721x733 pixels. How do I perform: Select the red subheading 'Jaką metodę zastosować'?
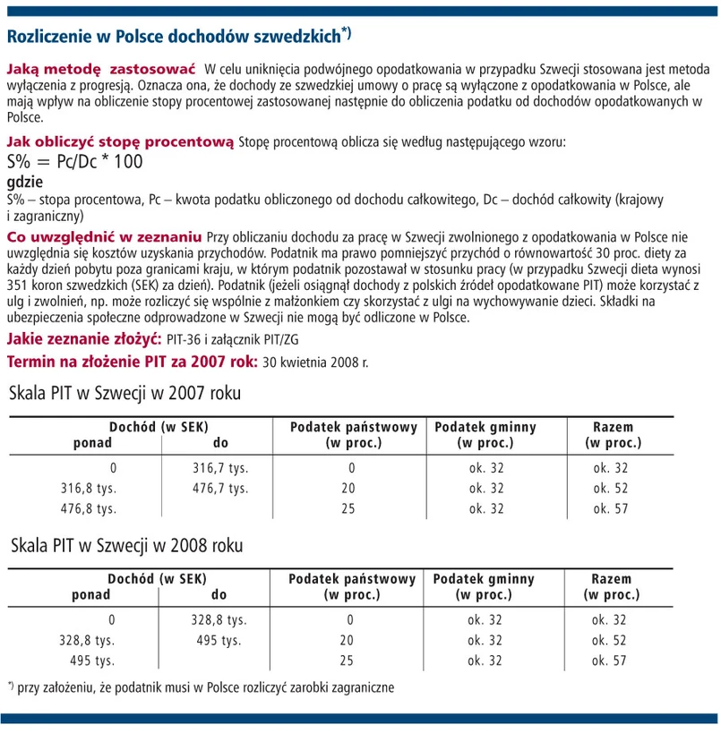point(101,69)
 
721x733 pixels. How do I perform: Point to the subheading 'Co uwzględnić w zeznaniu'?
point(104,237)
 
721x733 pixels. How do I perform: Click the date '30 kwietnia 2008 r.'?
point(315,362)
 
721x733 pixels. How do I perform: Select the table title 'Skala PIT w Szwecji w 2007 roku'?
point(125,394)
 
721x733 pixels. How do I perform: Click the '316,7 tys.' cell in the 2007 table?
point(219,467)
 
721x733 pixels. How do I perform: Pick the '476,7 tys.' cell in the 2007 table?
point(219,488)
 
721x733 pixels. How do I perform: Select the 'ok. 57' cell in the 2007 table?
point(612,508)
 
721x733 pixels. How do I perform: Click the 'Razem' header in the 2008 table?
point(612,579)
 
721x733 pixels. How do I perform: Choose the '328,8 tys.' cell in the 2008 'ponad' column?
point(87,640)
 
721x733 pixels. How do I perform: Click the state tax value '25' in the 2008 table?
point(348,661)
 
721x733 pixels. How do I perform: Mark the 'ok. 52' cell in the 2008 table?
point(610,640)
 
